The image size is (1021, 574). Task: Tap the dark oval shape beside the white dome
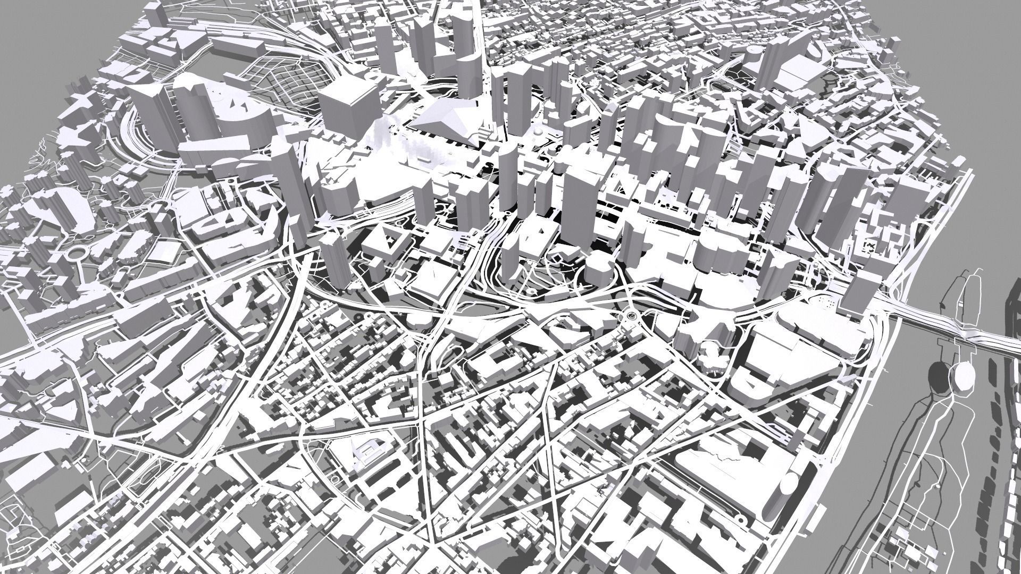(x=939, y=375)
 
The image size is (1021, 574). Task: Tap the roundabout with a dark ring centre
(x=631, y=316)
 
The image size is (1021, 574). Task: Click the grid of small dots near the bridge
(x=827, y=303)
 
